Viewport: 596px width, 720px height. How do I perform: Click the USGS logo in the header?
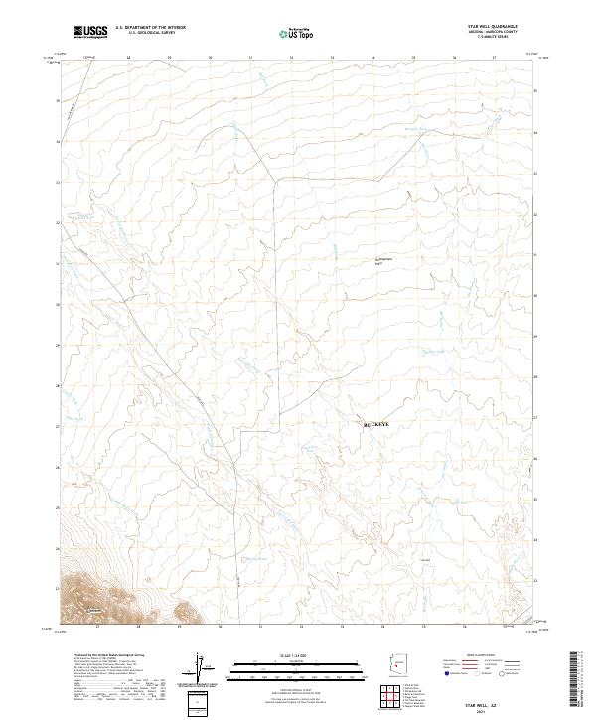click(91, 33)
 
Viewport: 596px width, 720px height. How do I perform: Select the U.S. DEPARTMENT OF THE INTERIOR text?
click(150, 28)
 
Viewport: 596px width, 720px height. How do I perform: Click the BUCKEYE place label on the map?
click(378, 424)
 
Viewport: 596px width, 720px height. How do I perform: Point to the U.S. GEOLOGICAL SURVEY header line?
click(150, 33)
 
